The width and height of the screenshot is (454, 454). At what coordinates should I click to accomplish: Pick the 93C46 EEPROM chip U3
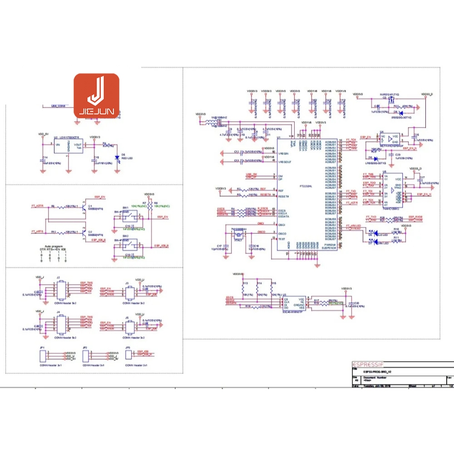click(293, 303)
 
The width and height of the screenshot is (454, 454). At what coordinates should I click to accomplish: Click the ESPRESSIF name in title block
click(368, 364)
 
